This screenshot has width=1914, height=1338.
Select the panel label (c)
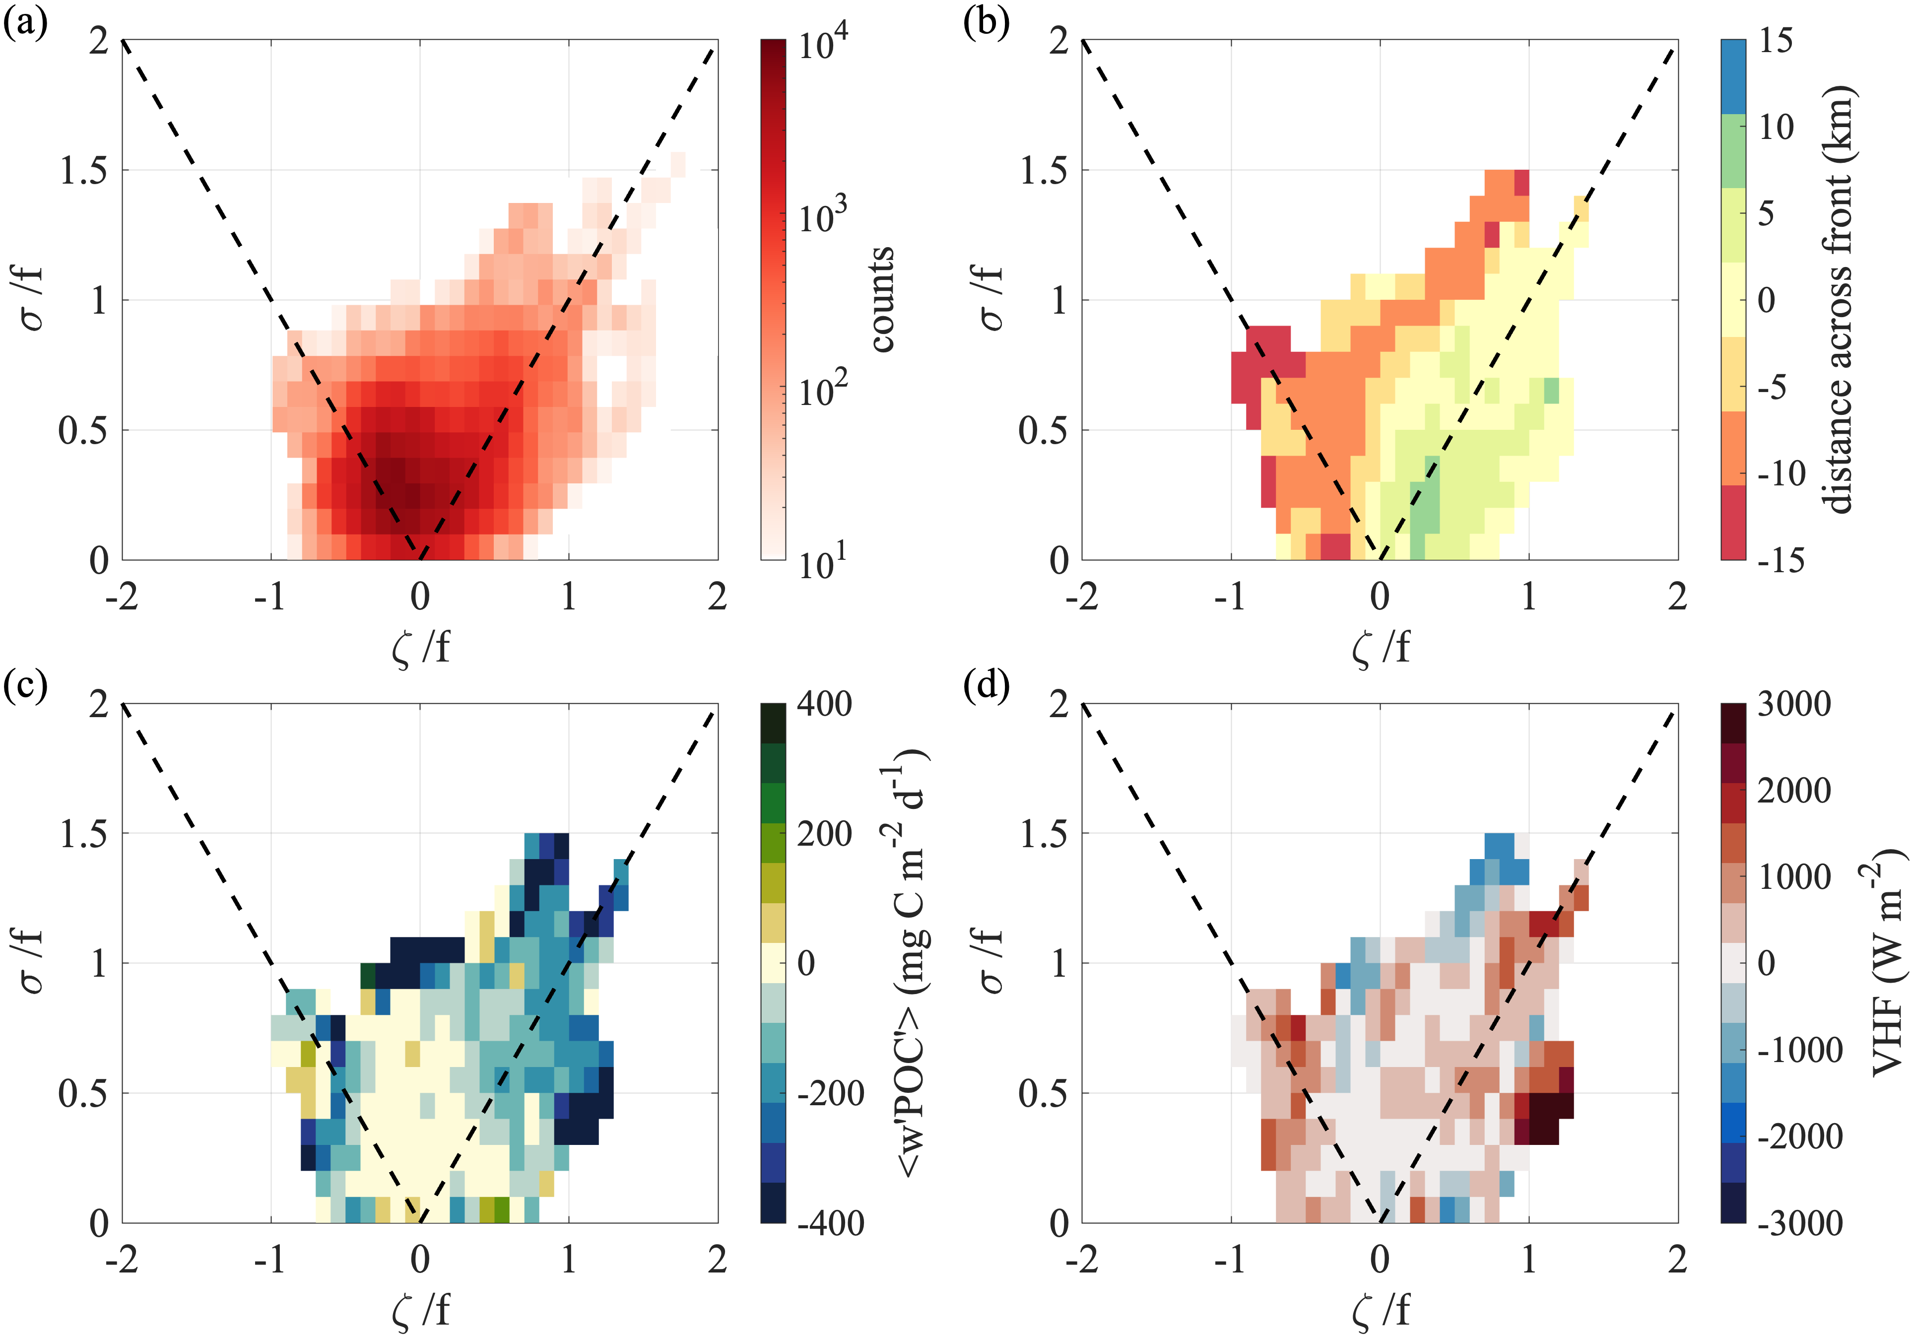pyautogui.click(x=25, y=686)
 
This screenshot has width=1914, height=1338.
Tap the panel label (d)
pyautogui.click(x=986, y=686)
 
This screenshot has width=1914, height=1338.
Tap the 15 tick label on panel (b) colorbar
pyautogui.click(x=1776, y=41)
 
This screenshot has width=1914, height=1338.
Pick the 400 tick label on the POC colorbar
pyautogui.click(x=824, y=704)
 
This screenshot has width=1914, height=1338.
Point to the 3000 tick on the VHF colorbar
pyautogui.click(x=1794, y=704)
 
